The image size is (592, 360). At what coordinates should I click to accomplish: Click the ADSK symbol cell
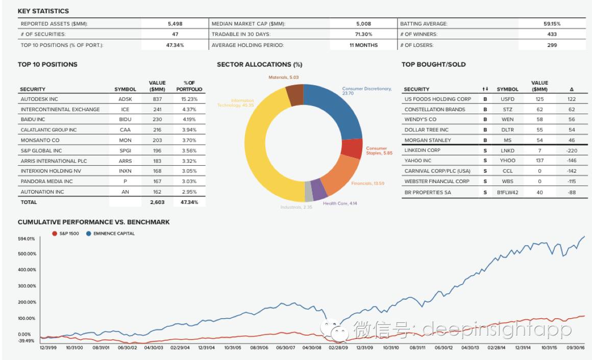(125, 99)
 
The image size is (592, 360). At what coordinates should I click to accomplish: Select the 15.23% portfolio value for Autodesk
(189, 99)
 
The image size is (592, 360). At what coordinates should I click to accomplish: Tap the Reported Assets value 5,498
(175, 24)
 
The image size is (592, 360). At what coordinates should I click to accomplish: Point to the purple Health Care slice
(319, 189)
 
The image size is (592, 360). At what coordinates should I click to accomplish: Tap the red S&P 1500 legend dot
(55, 234)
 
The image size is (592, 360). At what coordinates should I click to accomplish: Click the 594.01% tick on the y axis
(27, 239)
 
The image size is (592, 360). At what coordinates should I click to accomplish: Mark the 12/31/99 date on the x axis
(48, 348)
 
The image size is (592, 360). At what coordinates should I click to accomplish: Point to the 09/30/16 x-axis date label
(575, 348)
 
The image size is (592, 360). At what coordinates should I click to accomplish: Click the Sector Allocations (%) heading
(259, 65)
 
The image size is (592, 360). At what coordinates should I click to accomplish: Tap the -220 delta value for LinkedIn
(572, 150)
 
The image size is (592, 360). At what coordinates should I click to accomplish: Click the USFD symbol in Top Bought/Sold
(507, 99)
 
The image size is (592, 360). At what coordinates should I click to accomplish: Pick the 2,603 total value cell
(157, 202)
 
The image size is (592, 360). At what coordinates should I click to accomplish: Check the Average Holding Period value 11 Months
(363, 45)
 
